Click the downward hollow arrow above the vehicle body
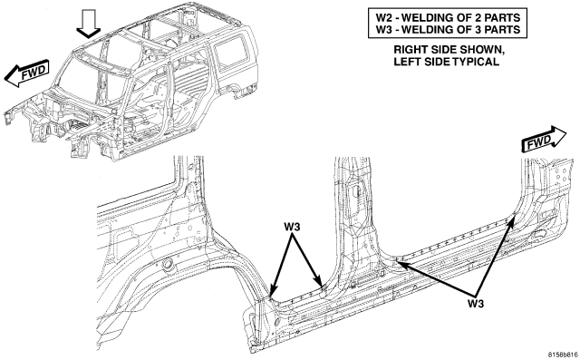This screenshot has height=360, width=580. click(89, 24)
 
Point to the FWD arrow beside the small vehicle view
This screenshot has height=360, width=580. click(27, 73)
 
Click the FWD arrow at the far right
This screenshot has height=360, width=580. click(544, 139)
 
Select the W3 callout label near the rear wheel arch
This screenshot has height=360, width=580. click(292, 227)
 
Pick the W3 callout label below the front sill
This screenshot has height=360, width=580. click(475, 304)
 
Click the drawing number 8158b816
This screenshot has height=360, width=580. click(563, 354)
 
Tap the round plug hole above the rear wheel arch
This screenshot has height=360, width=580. click(168, 264)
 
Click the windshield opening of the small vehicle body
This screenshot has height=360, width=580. click(91, 80)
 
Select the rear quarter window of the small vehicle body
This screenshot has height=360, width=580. click(231, 52)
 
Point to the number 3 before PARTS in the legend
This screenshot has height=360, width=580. click(483, 29)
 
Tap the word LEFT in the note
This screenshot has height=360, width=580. click(406, 62)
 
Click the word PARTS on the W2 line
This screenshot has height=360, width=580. click(505, 17)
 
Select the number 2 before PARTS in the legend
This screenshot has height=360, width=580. click(483, 17)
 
